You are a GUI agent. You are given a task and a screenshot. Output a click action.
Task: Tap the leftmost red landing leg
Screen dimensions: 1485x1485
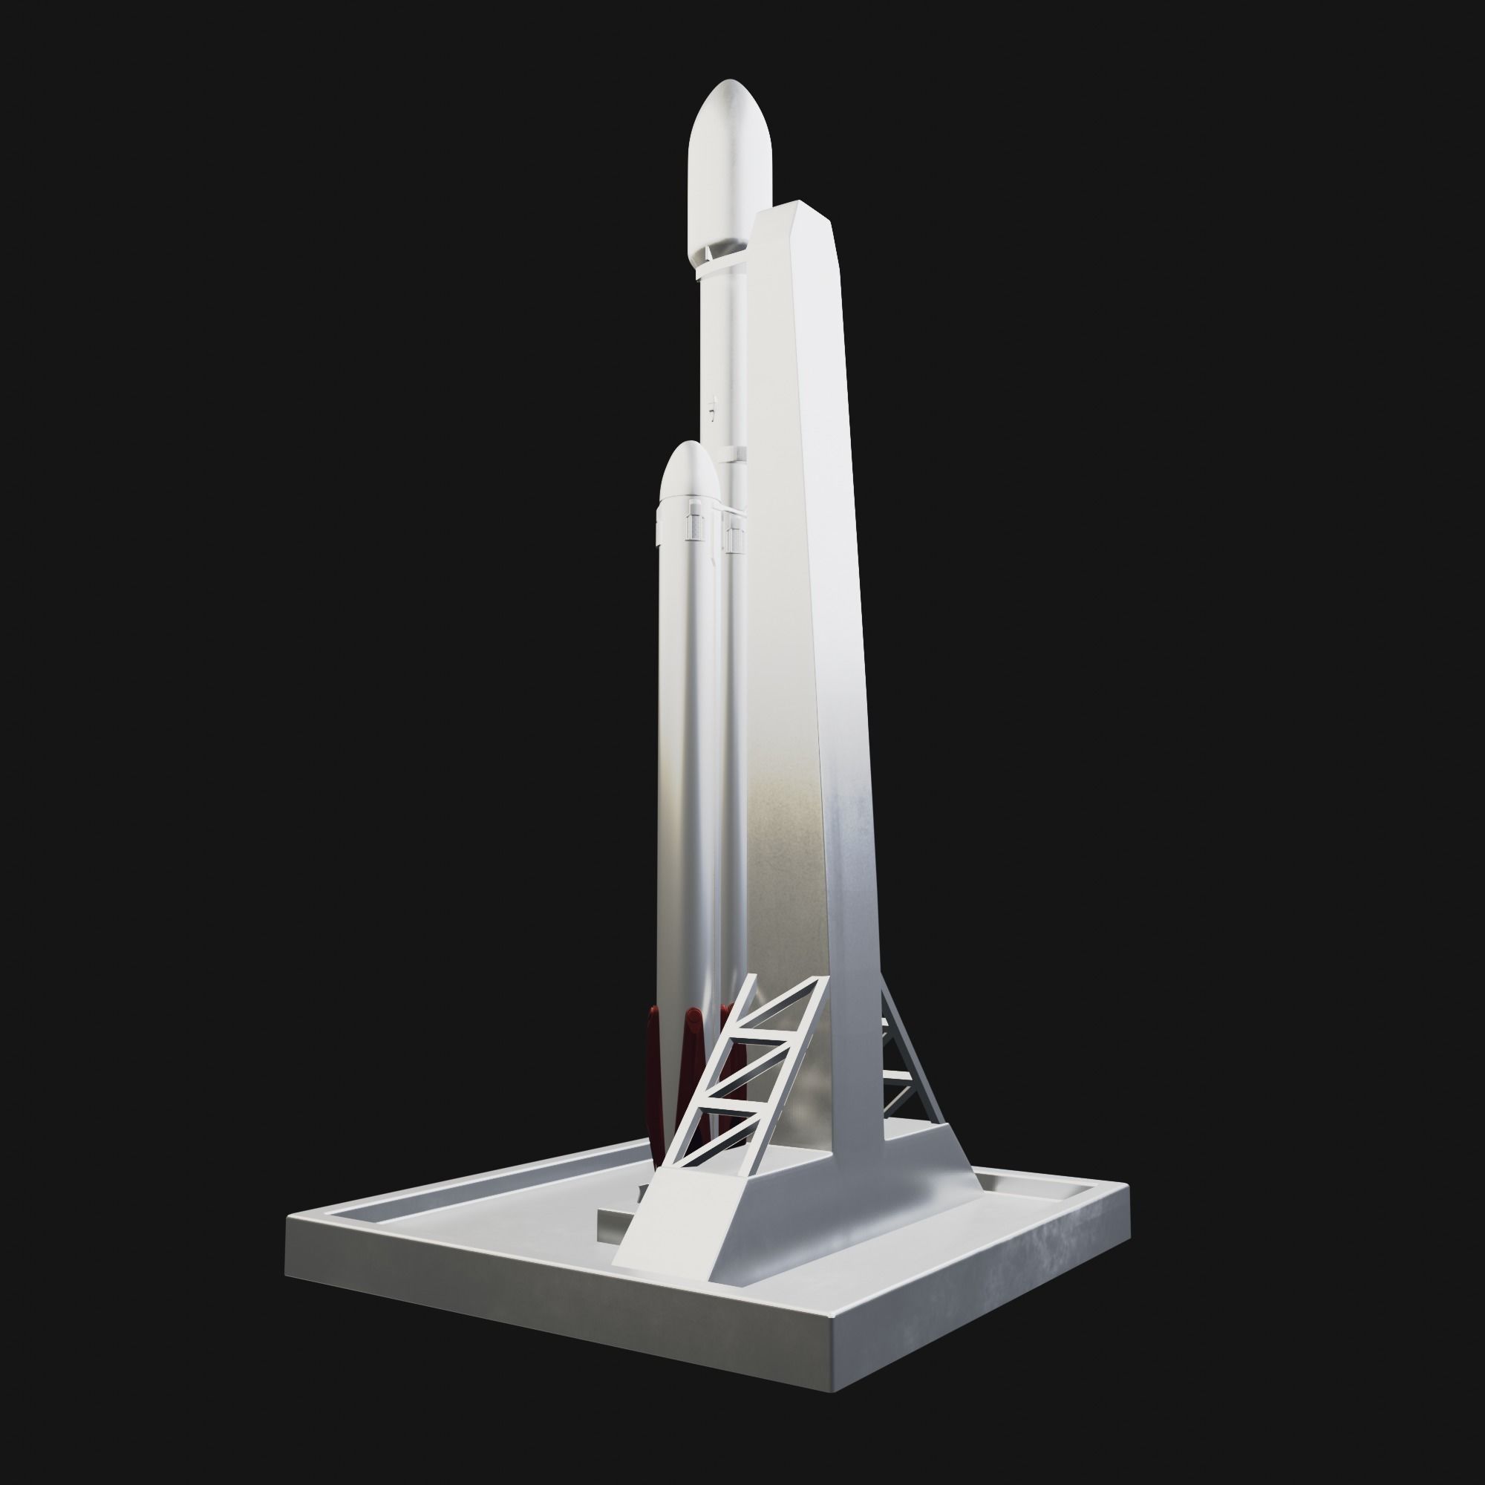coord(656,1076)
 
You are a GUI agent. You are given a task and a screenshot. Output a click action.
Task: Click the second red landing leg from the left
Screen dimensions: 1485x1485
coord(694,1076)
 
